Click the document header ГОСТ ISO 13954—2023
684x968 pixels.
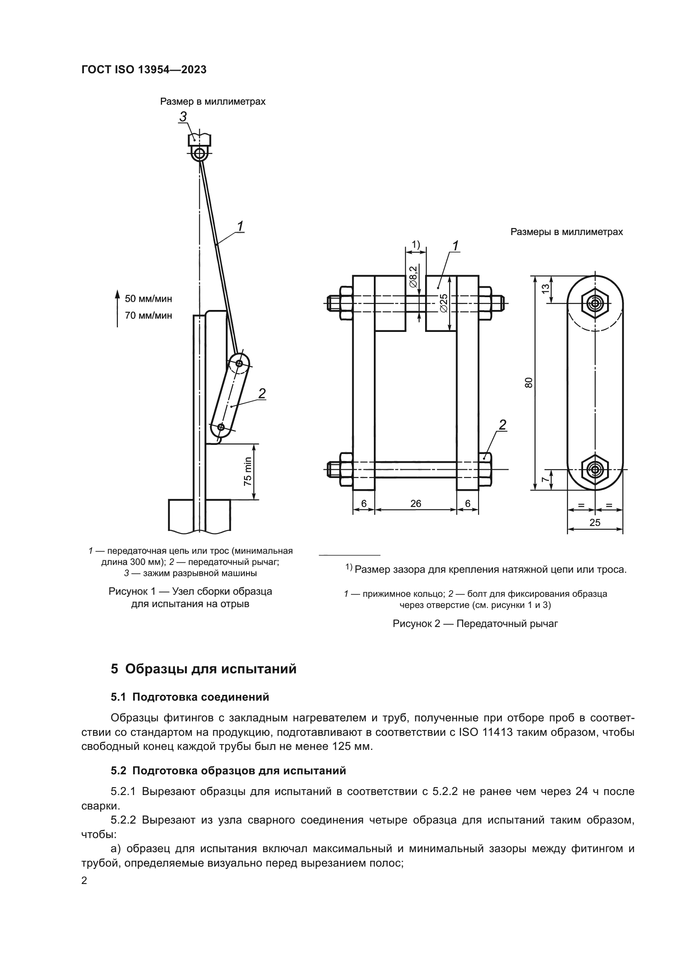[143, 70]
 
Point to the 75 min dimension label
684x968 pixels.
[248, 471]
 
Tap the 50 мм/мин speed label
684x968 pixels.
[148, 299]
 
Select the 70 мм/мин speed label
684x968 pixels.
[148, 315]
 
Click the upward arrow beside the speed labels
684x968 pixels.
[118, 308]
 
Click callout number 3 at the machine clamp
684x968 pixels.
[183, 117]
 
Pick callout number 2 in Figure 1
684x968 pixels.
[261, 393]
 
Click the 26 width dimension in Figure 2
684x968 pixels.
[415, 503]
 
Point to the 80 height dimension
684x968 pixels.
[529, 382]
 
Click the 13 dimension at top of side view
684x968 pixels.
[546, 289]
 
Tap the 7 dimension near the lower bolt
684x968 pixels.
[546, 480]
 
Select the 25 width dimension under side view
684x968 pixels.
[595, 523]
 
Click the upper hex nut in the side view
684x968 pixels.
[595, 303]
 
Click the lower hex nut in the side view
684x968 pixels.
[595, 469]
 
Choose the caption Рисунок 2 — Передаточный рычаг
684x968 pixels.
[475, 624]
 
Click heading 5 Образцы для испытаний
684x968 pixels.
[204, 669]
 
